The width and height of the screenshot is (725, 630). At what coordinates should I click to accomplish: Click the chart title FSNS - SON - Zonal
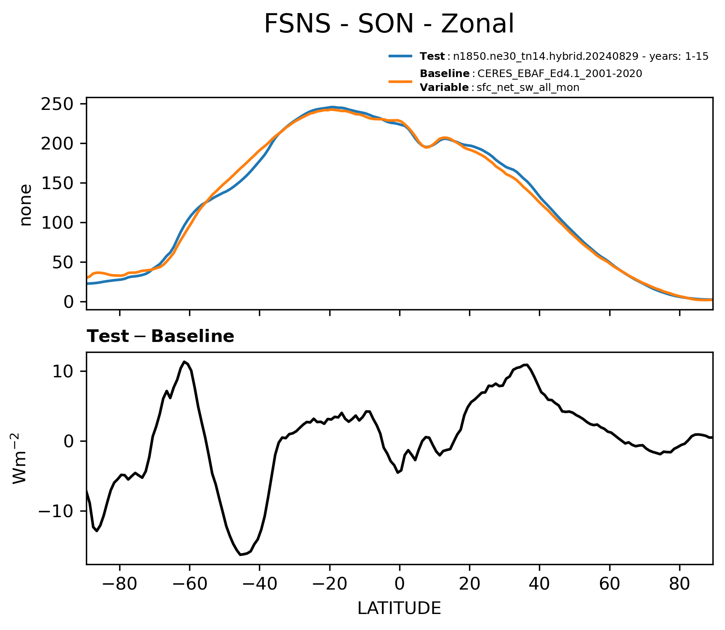tap(389, 24)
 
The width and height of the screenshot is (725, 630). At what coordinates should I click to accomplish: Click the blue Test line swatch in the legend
tap(400, 56)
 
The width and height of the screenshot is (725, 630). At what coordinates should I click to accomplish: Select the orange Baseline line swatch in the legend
tap(400, 81)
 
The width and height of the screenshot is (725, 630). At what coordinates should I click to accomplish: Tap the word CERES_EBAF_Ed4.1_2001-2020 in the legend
tap(560, 74)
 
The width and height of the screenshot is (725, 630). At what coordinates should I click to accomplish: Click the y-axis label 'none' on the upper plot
tap(26, 205)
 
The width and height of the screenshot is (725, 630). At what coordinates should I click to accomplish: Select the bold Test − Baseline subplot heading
tap(160, 336)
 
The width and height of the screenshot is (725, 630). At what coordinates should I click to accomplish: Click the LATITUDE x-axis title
tap(399, 609)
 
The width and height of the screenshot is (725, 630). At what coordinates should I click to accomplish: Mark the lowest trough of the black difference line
tap(240, 555)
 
